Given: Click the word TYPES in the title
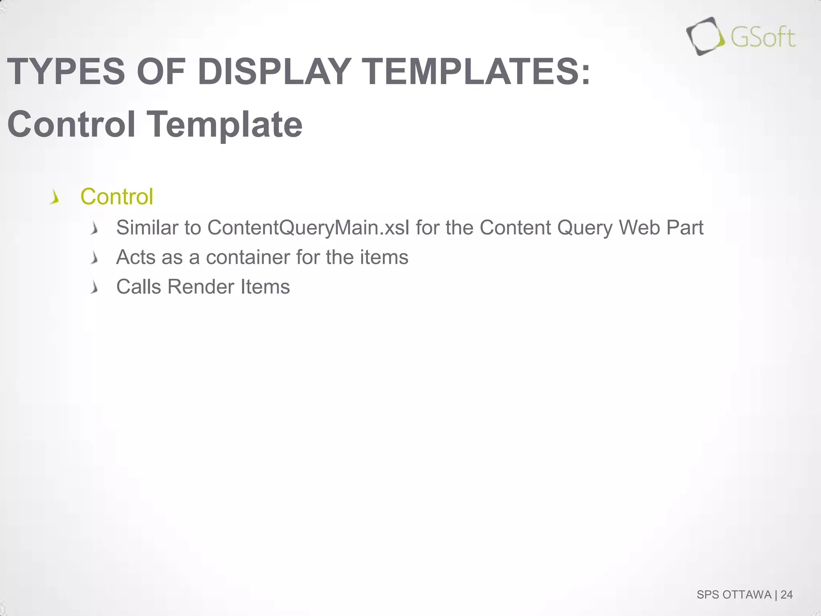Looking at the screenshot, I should pos(67,72).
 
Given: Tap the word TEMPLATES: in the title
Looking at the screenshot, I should pos(477,72).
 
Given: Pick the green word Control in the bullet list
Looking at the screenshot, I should pos(117,197).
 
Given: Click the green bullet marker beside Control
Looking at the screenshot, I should pos(55,198).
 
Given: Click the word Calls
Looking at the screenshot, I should pos(139,287).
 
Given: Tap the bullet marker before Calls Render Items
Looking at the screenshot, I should pos(94,288).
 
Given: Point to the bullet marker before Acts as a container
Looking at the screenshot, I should pos(94,258).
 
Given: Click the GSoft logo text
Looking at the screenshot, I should pos(762,38).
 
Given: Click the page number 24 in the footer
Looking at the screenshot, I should pos(787,595).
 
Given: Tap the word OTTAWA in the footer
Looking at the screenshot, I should pos(747,595).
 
